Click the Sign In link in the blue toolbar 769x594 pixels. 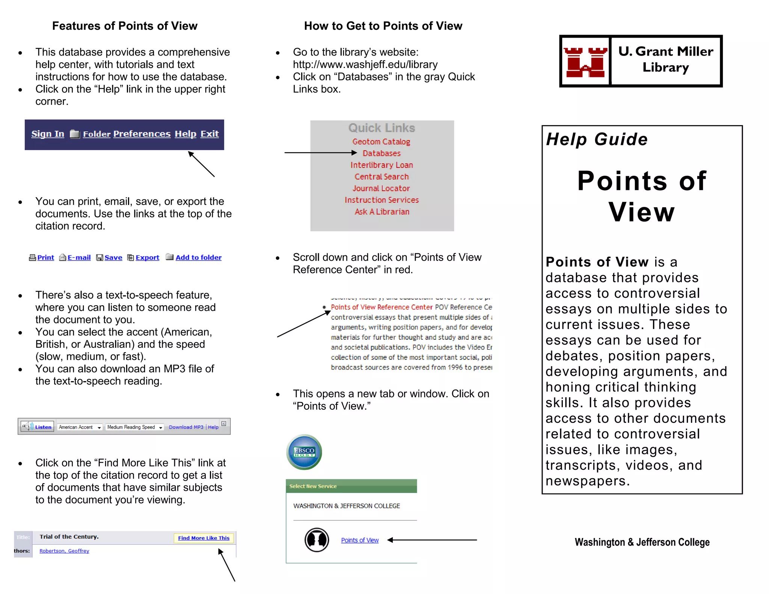coord(48,134)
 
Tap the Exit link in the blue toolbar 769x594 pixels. coord(209,134)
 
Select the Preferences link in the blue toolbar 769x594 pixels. coord(142,134)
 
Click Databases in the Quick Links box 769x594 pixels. coord(381,153)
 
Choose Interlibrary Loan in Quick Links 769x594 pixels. coord(381,165)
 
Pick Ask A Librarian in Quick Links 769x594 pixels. coord(381,212)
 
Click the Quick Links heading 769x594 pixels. coord(381,128)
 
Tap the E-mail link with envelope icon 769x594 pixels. coord(79,258)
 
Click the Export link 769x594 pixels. coord(147,258)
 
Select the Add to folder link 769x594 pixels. coord(198,258)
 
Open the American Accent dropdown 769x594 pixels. coord(80,427)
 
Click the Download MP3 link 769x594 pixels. coord(186,427)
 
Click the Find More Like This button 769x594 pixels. coord(204,538)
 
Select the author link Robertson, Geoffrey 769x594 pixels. coord(64,551)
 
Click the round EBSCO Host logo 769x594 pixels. coord(304,452)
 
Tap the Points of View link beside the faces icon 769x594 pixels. coord(360,540)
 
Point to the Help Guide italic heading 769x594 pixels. coord(597,139)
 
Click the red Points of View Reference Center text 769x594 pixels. coord(381,307)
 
